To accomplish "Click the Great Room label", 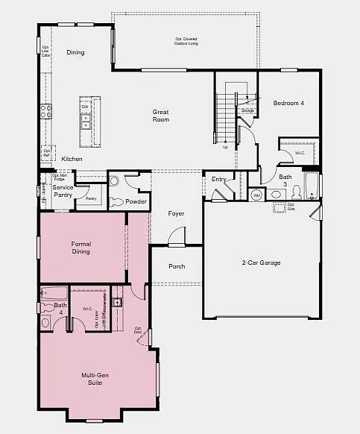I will [x=160, y=116].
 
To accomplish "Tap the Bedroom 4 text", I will [x=288, y=103].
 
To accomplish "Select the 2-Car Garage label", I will [x=261, y=262].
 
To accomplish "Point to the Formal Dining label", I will [x=80, y=248].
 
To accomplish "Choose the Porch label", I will [x=177, y=266].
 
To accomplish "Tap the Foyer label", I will [x=176, y=213].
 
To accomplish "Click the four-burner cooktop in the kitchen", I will [x=46, y=112].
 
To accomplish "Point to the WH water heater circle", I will [x=256, y=195].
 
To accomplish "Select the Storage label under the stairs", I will [x=247, y=110].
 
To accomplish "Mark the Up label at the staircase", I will [x=226, y=147].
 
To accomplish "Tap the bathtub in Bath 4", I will [x=53, y=293].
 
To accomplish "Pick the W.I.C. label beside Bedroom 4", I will [x=300, y=154].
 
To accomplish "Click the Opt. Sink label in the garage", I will [x=291, y=206].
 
